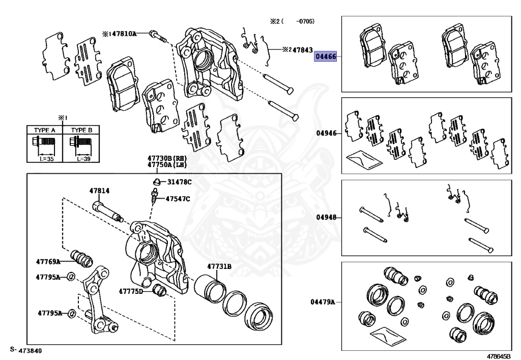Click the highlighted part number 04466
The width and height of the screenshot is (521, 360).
pyautogui.click(x=326, y=56)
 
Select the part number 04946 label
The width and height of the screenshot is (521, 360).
pyautogui.click(x=326, y=133)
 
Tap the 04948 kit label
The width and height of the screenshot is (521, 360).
pyautogui.click(x=326, y=217)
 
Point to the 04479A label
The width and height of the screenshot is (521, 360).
pyautogui.click(x=323, y=301)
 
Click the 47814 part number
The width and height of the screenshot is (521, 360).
pyautogui.click(x=99, y=191)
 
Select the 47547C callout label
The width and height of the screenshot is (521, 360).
pyautogui.click(x=177, y=199)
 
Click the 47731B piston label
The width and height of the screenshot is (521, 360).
pyautogui.click(x=219, y=266)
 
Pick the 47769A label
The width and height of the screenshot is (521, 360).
pyautogui.click(x=48, y=261)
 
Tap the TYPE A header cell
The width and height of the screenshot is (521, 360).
pyautogui.click(x=44, y=130)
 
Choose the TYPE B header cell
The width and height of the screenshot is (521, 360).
pyautogui.click(x=81, y=130)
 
